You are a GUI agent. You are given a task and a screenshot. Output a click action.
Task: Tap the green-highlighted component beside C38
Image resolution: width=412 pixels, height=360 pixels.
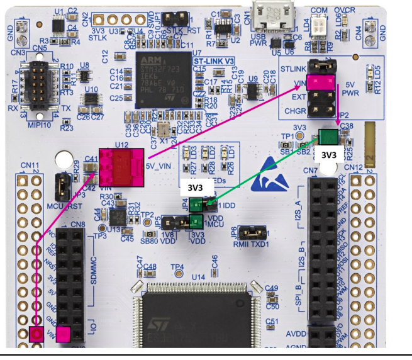[328, 137]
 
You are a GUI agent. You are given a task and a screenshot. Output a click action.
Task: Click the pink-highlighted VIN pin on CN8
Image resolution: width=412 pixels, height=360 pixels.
[64, 334]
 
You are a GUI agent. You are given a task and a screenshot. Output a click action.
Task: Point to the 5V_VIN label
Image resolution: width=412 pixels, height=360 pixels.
[159, 166]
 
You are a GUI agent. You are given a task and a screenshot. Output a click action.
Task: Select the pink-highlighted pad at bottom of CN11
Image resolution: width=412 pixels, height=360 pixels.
[36, 334]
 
